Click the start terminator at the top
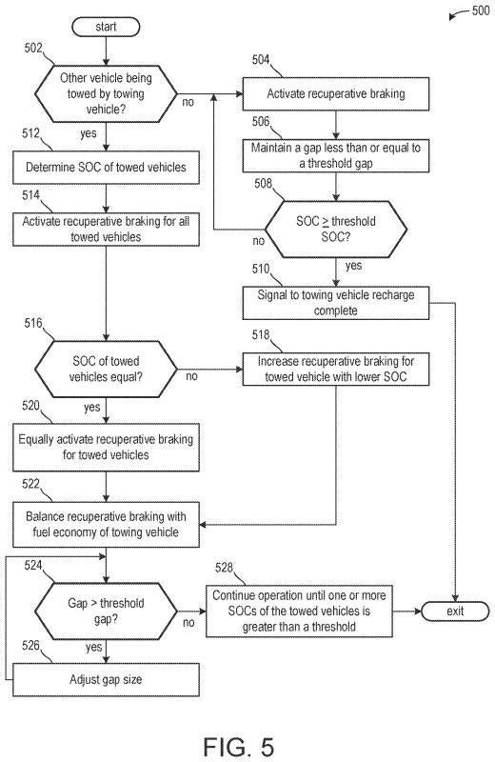click(106, 27)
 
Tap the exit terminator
click(455, 611)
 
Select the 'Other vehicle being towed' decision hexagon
click(106, 93)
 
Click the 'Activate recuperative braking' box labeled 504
click(336, 93)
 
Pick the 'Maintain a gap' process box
click(336, 155)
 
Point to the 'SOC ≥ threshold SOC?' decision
click(336, 229)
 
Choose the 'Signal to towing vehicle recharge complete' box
click(336, 303)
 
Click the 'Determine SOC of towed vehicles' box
click(106, 168)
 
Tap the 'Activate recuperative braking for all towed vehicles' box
click(106, 229)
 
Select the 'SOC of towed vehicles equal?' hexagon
click(106, 370)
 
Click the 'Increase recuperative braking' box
click(336, 370)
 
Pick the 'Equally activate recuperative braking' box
click(106, 447)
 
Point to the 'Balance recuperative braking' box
click(106, 525)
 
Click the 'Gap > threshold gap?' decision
click(106, 611)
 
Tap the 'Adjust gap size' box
click(106, 679)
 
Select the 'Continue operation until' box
click(299, 611)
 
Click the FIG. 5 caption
click(239, 746)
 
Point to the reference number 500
click(481, 10)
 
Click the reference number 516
click(33, 323)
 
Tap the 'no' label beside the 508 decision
click(259, 241)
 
